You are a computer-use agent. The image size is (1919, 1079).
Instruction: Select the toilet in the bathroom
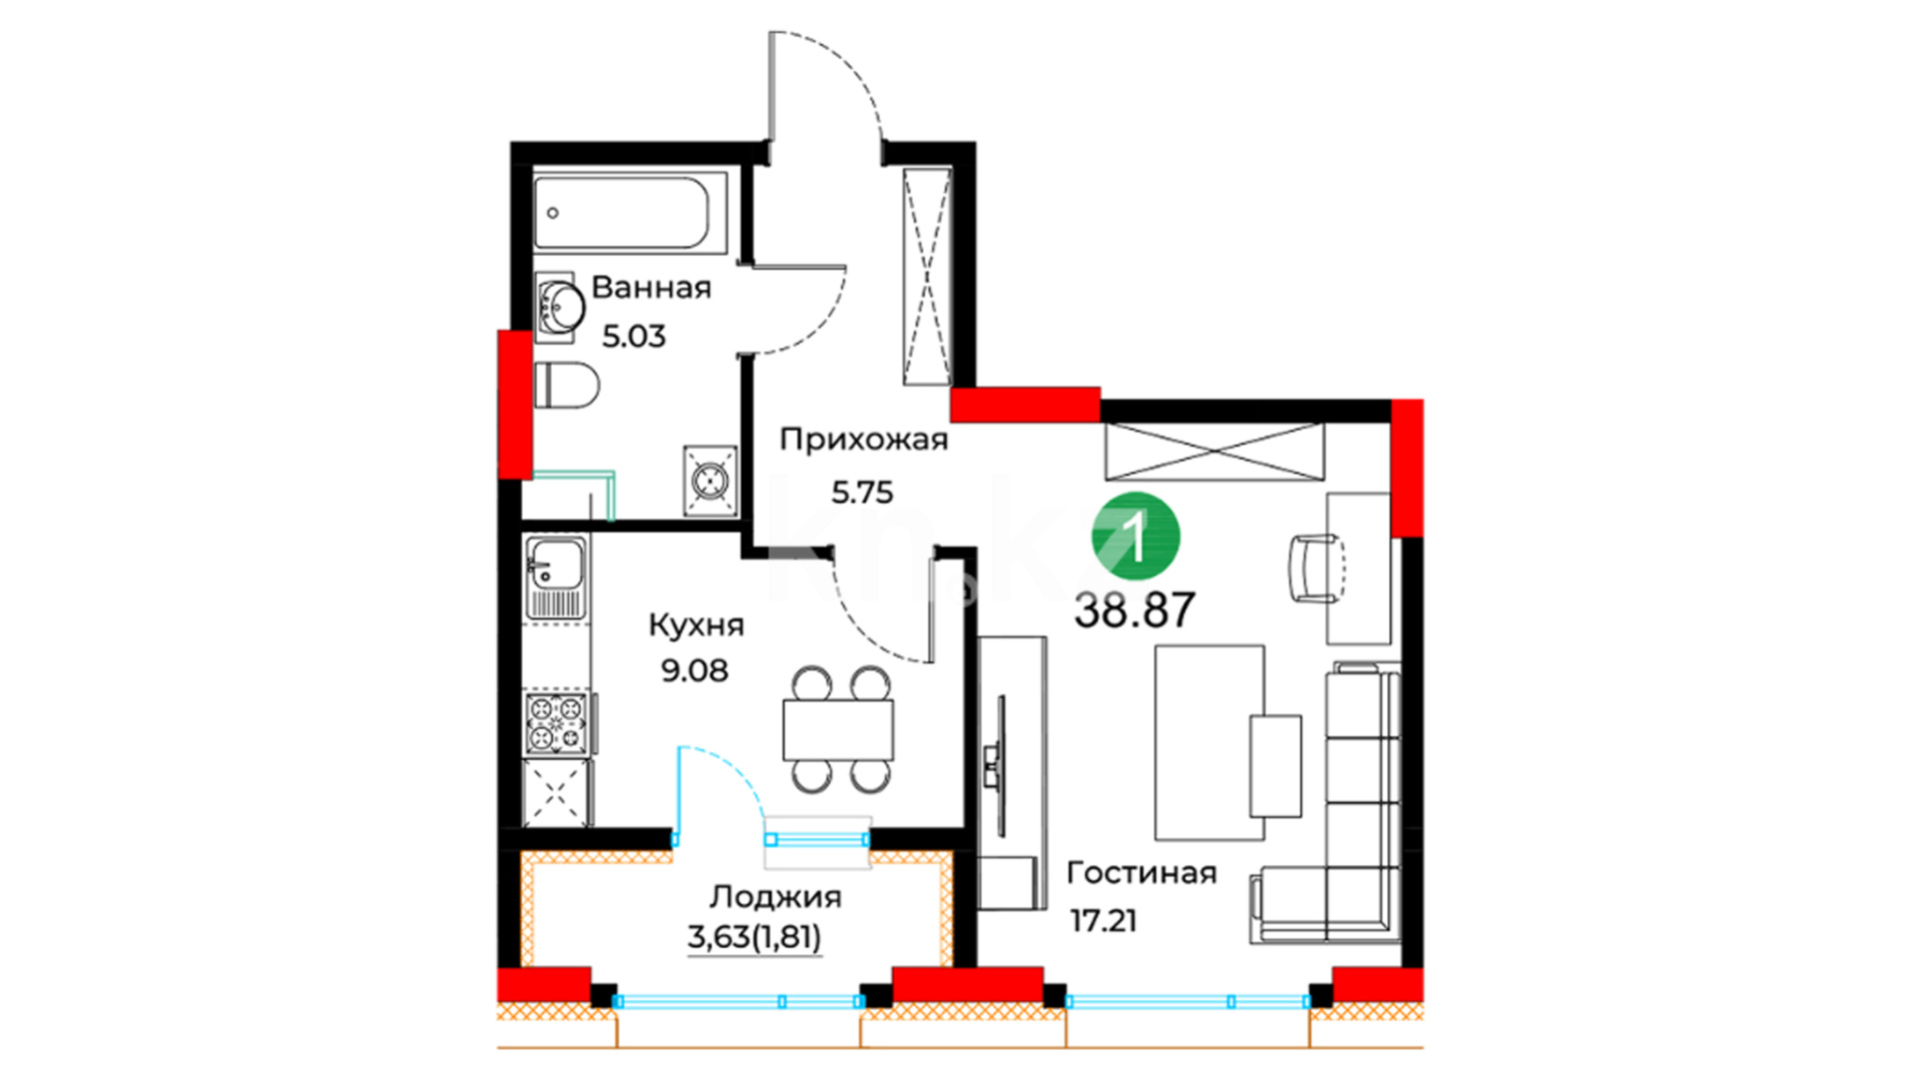coord(567,385)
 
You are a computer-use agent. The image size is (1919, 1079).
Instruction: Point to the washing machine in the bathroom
coord(711,481)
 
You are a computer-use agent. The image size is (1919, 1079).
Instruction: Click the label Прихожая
coord(864,440)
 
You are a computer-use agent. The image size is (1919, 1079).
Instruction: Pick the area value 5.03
coord(634,336)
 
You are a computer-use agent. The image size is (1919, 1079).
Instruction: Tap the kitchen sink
coord(557,577)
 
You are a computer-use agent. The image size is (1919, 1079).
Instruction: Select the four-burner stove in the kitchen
coord(556,721)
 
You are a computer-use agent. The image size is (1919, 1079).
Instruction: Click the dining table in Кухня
coord(839,730)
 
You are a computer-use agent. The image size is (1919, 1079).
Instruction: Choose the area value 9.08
coord(695,670)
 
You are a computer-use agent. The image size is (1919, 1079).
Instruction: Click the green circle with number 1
coord(1135,537)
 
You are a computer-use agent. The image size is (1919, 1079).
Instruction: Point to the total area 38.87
coord(1134,609)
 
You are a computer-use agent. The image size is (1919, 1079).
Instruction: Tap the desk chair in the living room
coord(1315,568)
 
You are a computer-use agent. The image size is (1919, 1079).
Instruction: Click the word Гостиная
coord(1141,873)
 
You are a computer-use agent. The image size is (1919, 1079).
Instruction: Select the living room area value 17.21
coord(1103,920)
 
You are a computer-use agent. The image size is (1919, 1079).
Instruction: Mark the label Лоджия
coord(776,897)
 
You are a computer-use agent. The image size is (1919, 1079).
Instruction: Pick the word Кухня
coord(697,625)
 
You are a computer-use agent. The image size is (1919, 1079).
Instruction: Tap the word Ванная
coord(652,288)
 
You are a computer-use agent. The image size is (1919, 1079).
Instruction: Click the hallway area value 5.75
coord(863,493)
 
